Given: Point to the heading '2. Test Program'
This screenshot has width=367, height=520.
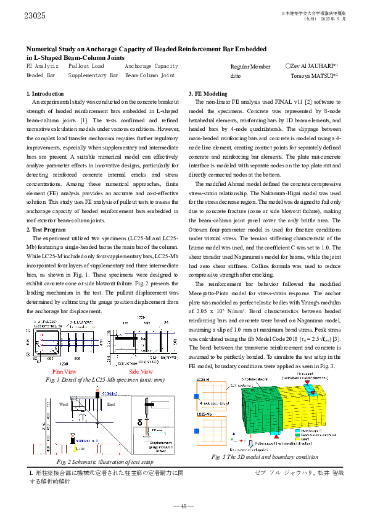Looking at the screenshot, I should coord(46,230).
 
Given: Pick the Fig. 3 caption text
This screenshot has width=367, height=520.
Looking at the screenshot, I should coord(255,456).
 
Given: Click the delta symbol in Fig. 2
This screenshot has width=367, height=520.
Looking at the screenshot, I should coord(139,422).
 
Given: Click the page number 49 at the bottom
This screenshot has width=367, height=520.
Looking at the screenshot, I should coord(183,506).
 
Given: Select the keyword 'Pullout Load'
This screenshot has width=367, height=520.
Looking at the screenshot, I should coord(86,65).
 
